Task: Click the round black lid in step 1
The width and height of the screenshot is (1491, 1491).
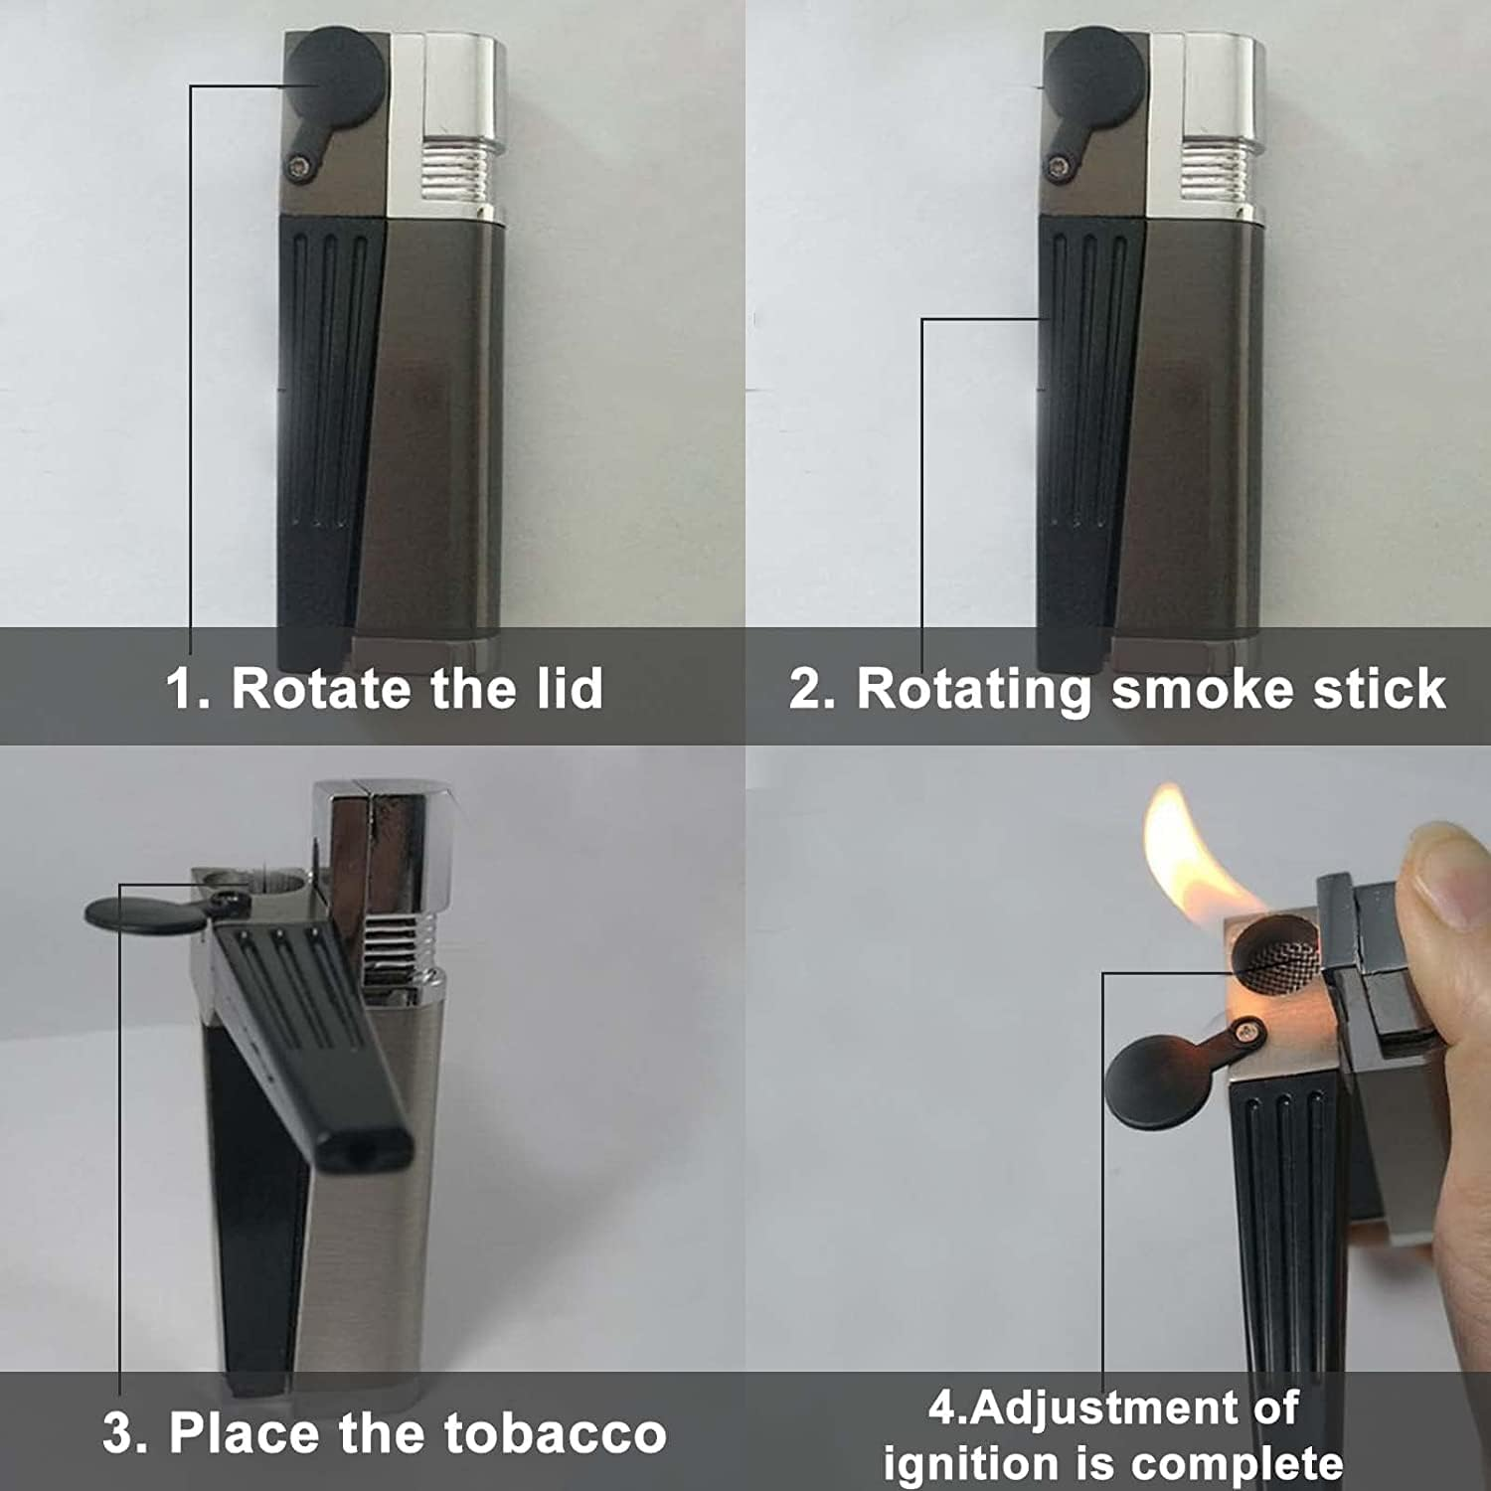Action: (335, 76)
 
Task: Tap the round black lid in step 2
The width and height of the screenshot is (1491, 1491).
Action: (1094, 76)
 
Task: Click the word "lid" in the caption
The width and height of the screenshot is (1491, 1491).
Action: (570, 688)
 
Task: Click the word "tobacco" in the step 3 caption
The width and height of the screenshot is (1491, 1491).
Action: (555, 1433)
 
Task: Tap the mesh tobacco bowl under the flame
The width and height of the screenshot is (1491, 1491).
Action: (1276, 953)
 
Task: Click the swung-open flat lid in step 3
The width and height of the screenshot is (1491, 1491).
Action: (144, 913)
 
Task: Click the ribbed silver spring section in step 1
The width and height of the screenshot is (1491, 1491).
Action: (454, 170)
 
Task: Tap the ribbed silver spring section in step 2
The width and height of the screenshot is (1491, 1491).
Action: (1215, 170)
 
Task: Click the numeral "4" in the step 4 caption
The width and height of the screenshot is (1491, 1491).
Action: (942, 1408)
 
